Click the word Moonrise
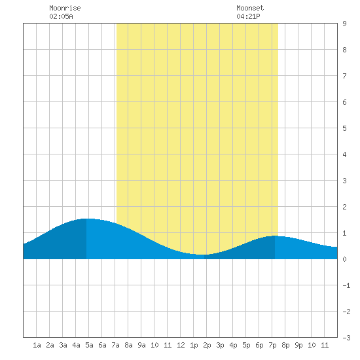[65, 8]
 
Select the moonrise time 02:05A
[61, 16]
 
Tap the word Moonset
[250, 8]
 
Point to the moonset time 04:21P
[248, 16]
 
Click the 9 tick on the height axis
[344, 24]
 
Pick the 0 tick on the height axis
[344, 259]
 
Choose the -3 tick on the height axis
[346, 338]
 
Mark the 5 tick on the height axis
[344, 128]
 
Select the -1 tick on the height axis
[346, 285]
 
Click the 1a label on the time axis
[37, 345]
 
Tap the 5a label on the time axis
[89, 345]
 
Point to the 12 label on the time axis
[181, 345]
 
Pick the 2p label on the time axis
[207, 345]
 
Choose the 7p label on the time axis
[272, 345]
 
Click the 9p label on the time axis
[298, 345]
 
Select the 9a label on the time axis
[141, 345]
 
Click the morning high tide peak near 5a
[86, 219]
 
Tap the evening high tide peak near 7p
[275, 236]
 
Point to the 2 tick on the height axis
[344, 207]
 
